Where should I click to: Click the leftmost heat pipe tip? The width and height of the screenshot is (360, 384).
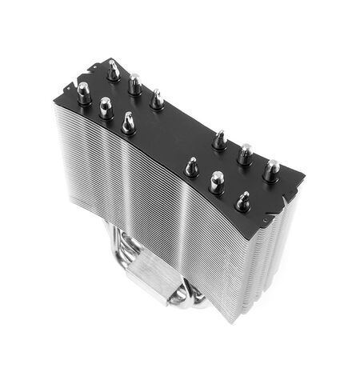(83, 90)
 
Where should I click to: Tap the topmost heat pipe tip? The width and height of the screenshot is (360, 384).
(114, 70)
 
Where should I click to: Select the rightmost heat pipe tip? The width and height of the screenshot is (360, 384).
(271, 169)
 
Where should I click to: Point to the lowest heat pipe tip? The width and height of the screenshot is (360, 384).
(242, 200)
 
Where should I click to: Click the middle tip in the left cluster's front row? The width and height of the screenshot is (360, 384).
(106, 107)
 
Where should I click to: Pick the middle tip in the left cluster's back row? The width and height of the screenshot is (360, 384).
(135, 83)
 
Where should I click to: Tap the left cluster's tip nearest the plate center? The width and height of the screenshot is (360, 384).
(157, 99)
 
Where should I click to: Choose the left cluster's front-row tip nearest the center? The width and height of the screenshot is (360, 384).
(128, 122)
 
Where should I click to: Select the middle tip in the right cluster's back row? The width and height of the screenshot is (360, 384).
(246, 154)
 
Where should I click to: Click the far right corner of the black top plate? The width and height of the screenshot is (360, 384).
(305, 174)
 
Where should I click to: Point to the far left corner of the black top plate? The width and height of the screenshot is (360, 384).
(54, 105)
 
